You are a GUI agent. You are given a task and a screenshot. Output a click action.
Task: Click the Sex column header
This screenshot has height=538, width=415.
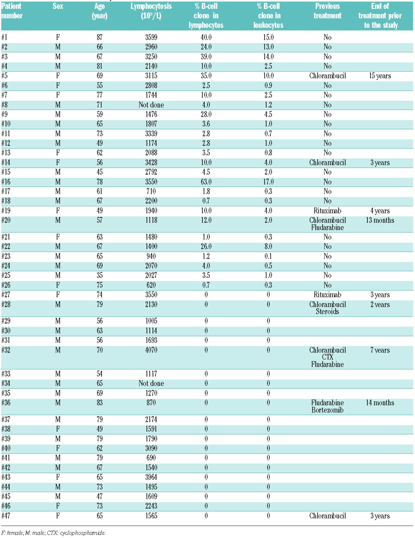point(58,6)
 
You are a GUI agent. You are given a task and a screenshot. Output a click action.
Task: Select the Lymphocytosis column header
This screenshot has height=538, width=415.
point(151,11)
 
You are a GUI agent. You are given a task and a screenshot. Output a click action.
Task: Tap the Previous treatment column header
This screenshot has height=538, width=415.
point(327,11)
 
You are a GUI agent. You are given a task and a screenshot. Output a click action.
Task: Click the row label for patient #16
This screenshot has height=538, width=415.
point(6,182)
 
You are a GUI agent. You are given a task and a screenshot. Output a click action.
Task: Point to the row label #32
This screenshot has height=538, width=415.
point(6,350)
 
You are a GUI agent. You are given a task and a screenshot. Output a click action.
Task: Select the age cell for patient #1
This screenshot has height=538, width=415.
point(100,37)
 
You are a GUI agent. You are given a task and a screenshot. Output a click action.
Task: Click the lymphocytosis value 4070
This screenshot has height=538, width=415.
point(151,350)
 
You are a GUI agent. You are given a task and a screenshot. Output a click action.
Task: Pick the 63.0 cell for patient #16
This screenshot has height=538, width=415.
point(206,182)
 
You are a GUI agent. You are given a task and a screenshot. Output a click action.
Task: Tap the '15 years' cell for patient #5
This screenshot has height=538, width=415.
point(380,76)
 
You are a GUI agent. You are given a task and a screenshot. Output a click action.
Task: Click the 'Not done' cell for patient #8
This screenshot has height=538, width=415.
point(151,105)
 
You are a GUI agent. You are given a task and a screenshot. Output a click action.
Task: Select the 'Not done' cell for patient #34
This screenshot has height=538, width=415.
point(151,383)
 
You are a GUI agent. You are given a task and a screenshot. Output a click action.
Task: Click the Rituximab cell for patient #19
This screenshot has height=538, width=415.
point(327,211)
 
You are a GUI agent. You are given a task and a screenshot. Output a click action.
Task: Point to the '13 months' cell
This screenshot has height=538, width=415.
point(380,220)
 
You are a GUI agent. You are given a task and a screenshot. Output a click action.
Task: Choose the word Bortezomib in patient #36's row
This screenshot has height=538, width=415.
point(327,410)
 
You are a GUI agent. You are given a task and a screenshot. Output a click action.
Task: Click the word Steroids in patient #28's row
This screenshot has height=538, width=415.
point(327,311)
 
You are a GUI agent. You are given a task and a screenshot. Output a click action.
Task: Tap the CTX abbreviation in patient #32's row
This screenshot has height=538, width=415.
point(327,357)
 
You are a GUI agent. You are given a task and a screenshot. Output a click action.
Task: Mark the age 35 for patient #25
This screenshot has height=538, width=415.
point(100,275)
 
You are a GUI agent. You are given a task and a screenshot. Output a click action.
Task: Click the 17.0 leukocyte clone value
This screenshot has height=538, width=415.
point(268,182)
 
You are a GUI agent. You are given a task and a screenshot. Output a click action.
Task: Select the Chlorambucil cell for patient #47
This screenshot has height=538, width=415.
point(327,516)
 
